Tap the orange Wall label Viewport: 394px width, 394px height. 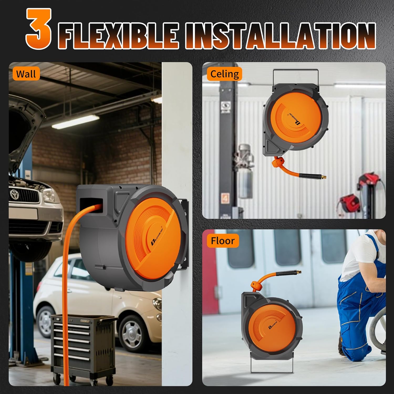point(26,74)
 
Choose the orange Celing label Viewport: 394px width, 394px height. point(225,74)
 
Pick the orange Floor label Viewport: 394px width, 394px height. point(223,241)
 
